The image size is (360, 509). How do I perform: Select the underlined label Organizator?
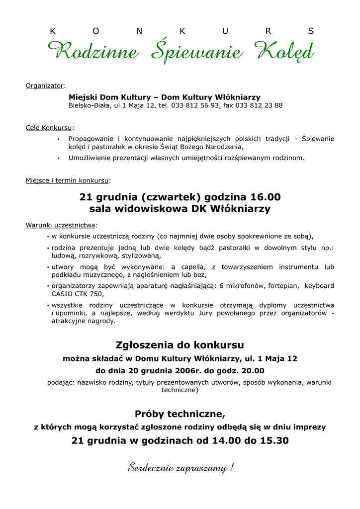click(x=45, y=86)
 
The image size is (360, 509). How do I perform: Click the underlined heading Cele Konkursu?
click(x=49, y=128)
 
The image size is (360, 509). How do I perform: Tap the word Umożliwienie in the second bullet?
click(x=90, y=158)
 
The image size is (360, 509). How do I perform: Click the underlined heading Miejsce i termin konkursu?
click(x=67, y=180)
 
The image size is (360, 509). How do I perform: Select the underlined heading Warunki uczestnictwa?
click(x=60, y=225)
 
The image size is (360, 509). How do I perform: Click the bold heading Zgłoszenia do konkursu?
click(x=180, y=345)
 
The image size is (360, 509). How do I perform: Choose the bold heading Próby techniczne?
click(x=180, y=414)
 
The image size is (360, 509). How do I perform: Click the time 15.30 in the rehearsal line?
click(x=275, y=440)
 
